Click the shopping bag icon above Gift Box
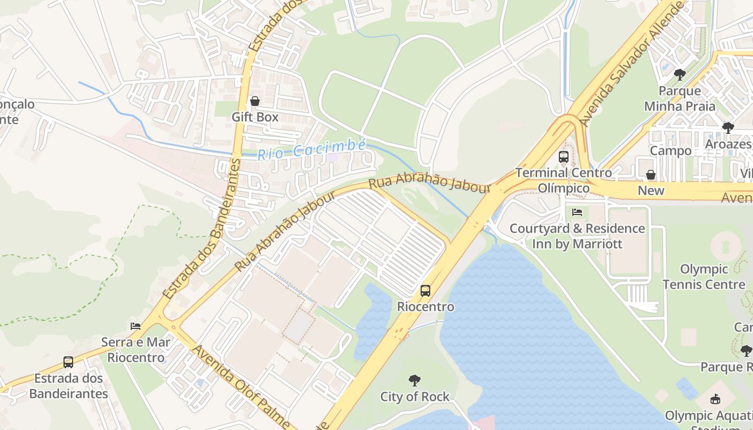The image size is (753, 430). pos(255,101)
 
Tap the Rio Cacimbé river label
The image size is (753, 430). pos(311,150)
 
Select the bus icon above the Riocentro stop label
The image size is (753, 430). pos(425,291)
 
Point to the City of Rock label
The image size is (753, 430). pos(415,397)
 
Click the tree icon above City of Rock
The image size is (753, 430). pos(415,381)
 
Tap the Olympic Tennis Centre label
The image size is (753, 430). pos(704,276)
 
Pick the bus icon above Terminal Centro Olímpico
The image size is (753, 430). pos(564,157)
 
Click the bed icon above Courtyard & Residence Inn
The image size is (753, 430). pos(577,212)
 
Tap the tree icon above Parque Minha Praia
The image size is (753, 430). pos(680,74)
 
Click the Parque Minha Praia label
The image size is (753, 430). pos(680,98)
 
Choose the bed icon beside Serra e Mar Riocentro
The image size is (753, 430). pos(136,326)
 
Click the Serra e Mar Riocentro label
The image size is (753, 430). pos(136,349)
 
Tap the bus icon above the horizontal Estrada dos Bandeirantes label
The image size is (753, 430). pos(68,362)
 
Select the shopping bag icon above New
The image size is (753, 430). pos(651,175)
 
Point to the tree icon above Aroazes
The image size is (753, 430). pos(728,128)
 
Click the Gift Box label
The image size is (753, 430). pos(255,117)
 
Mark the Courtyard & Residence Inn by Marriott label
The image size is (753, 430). pos(577,236)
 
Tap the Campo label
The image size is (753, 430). pos(671,150)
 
